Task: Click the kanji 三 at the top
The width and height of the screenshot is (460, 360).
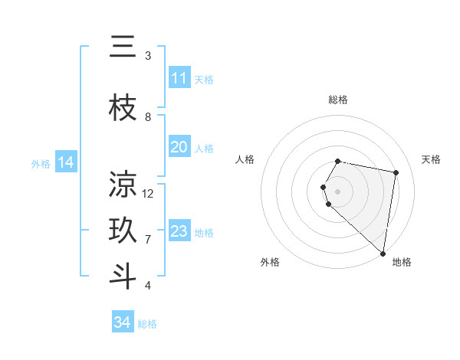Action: tap(123, 48)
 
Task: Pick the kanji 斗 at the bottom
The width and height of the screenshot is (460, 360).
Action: tap(123, 277)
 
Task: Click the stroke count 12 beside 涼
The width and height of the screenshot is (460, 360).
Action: tap(148, 194)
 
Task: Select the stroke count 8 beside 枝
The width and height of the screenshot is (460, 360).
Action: tap(148, 117)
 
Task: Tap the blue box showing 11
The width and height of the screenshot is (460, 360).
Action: tap(179, 78)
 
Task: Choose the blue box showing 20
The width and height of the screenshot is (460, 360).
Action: tap(179, 147)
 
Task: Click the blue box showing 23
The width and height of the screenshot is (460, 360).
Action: tap(179, 231)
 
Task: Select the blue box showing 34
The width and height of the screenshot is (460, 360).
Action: tap(122, 322)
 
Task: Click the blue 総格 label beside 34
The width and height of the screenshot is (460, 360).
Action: tap(147, 324)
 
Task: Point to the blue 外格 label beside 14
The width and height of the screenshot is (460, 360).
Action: tap(41, 163)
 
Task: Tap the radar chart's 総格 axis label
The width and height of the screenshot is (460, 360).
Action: tap(338, 100)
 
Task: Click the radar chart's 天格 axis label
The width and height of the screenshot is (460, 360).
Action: tap(431, 159)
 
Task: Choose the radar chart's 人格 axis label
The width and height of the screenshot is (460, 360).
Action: tap(245, 159)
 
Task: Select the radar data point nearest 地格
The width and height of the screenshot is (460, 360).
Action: tap(383, 254)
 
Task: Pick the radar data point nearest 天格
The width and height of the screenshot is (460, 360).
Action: tap(396, 172)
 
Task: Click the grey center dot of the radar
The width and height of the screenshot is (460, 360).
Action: tap(338, 190)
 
